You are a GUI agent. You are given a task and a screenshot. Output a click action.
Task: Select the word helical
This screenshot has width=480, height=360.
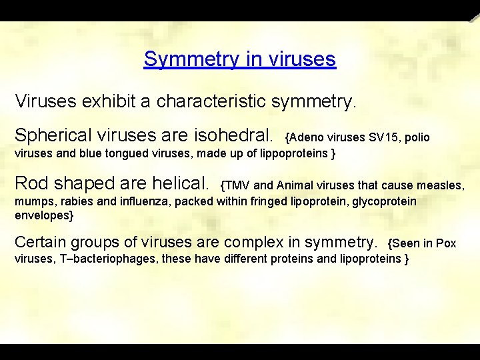pos(180,183)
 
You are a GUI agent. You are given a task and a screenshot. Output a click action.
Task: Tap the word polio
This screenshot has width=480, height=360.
pos(417,138)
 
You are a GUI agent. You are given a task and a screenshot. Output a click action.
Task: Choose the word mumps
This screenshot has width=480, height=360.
pos(32,201)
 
